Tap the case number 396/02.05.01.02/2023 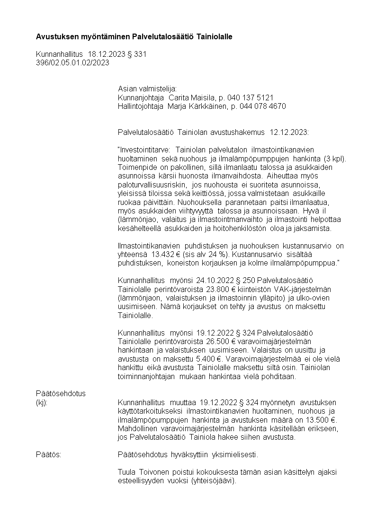point(72,62)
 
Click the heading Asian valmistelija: point(147,89)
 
